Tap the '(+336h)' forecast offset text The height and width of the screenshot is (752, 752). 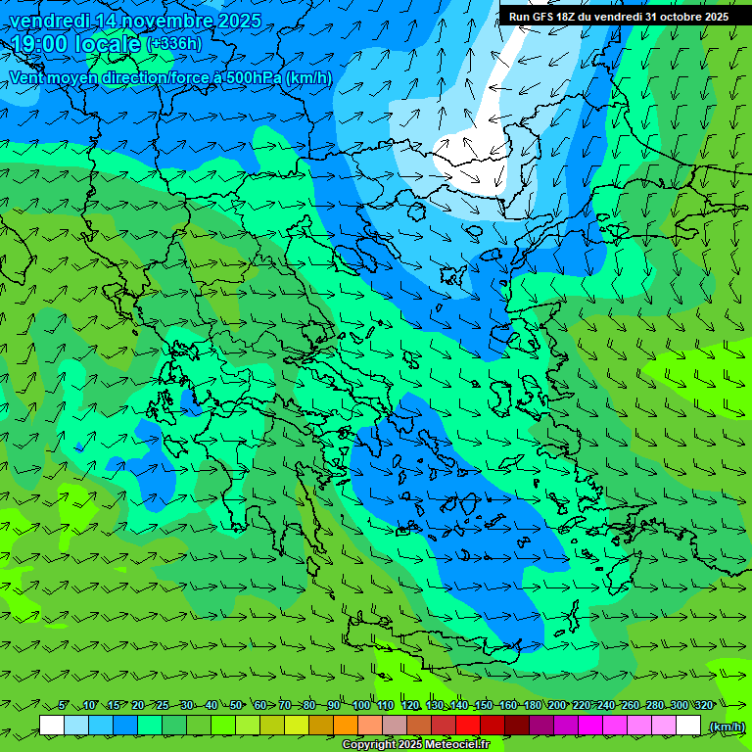click(x=175, y=44)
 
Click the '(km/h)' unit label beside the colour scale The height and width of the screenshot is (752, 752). click(x=726, y=727)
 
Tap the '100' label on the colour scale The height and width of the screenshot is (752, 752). click(x=360, y=705)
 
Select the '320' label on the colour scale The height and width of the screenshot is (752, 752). click(x=703, y=705)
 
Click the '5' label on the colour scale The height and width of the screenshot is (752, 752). click(x=64, y=705)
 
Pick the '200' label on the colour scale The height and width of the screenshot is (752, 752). click(x=556, y=705)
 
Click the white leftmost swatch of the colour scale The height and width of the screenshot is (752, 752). click(x=52, y=726)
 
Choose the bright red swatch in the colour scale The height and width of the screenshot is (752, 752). click(x=468, y=726)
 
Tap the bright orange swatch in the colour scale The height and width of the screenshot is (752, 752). click(x=346, y=726)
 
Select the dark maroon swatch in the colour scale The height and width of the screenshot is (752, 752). click(x=517, y=726)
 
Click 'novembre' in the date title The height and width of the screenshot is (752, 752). click(x=157, y=21)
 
